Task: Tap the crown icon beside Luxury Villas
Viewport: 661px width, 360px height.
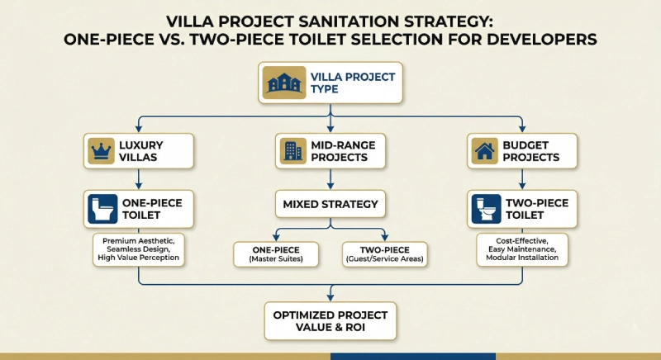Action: click(100, 151)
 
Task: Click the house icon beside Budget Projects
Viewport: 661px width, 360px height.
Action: click(483, 151)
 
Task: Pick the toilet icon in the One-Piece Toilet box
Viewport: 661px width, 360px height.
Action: click(101, 210)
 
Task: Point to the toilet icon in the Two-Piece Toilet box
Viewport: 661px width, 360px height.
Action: click(483, 210)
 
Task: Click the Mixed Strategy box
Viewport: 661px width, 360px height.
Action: click(330, 204)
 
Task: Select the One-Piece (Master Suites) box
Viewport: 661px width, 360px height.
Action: click(275, 254)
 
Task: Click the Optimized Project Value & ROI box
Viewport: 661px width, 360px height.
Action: click(330, 321)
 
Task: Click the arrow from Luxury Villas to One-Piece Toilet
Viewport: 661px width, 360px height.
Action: click(138, 179)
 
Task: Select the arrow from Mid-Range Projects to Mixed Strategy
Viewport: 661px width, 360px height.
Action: click(330, 179)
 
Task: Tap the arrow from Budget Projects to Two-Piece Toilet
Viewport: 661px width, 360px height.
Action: click(521, 179)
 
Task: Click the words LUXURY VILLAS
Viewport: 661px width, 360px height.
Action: click(152, 151)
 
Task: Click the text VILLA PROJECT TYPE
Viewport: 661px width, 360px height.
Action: click(352, 83)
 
